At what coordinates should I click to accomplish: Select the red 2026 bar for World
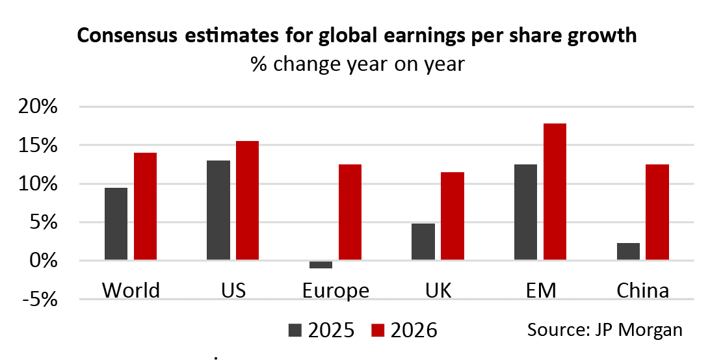click(145, 207)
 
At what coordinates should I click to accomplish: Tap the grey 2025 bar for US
click(218, 211)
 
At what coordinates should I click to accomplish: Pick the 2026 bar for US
click(247, 201)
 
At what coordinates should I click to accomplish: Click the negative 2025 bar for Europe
click(321, 264)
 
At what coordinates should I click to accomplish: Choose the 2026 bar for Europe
click(350, 212)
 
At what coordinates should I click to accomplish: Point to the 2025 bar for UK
click(423, 242)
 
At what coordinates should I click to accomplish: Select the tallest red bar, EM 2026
click(555, 192)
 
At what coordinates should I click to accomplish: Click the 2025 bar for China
click(628, 251)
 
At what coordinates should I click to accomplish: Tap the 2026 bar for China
click(657, 212)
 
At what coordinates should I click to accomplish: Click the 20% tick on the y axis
click(41, 107)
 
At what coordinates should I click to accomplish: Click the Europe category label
click(335, 290)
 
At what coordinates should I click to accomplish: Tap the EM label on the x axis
click(540, 290)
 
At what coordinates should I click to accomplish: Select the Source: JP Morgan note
click(605, 329)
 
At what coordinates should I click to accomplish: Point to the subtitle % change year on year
click(358, 64)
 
